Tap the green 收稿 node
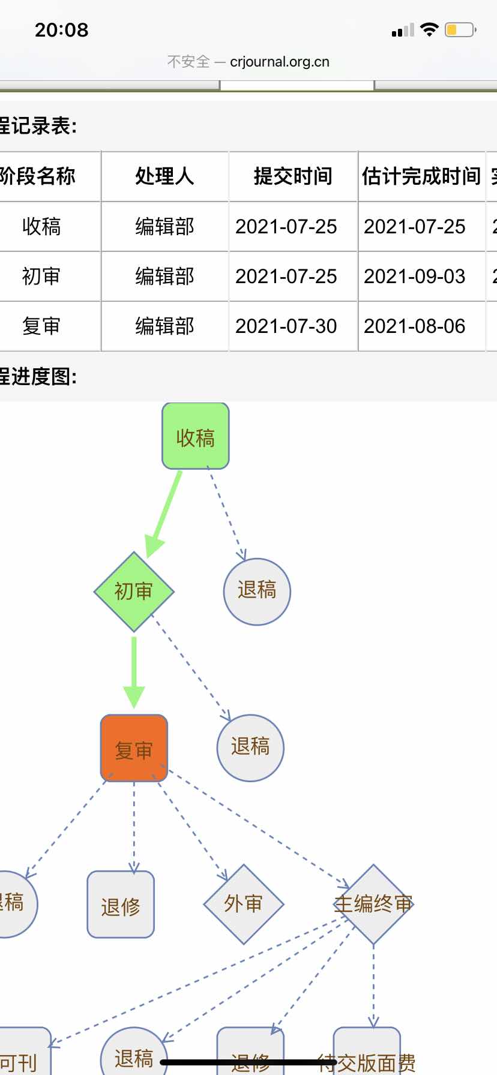click(x=196, y=436)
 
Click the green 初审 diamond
click(x=134, y=591)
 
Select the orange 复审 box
click(x=134, y=748)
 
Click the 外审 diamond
click(x=243, y=904)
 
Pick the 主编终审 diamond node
click(x=373, y=904)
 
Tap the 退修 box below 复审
click(x=121, y=905)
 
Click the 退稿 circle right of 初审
click(x=257, y=591)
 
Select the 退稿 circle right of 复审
click(x=250, y=747)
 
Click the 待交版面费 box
click(x=367, y=1056)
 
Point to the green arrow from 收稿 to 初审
click(x=164, y=513)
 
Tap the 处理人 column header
click(x=164, y=176)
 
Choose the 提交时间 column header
click(x=293, y=176)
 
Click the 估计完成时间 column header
click(x=421, y=176)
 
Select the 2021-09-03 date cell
click(x=415, y=277)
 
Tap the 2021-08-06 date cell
click(x=415, y=326)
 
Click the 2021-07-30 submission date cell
click(x=286, y=326)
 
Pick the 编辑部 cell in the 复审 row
click(x=164, y=326)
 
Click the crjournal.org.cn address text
click(x=280, y=62)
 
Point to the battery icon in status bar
click(x=460, y=30)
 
